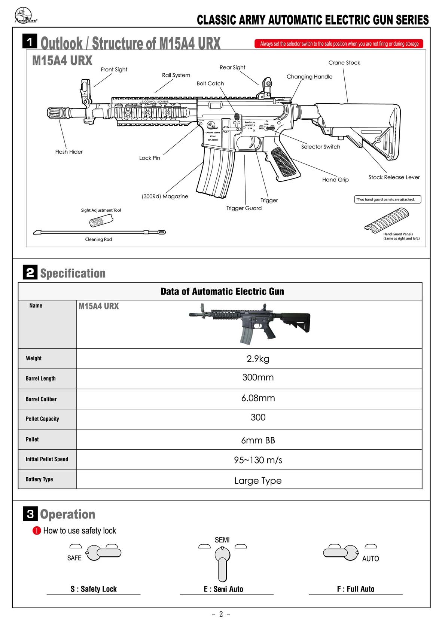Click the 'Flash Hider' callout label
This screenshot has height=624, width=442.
click(69, 152)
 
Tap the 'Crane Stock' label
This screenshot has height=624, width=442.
click(344, 63)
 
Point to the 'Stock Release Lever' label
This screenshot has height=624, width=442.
click(394, 177)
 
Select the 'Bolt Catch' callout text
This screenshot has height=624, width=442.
click(210, 83)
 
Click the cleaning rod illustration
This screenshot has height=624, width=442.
click(99, 232)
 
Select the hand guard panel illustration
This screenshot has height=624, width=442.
click(386, 220)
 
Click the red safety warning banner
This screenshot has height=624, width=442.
click(339, 44)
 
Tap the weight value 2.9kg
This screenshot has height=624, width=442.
click(258, 359)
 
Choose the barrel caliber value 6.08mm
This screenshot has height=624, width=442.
click(258, 398)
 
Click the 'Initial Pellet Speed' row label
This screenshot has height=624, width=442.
click(47, 459)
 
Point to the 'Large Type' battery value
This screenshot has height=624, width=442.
click(258, 481)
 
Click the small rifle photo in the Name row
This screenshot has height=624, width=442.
click(249, 322)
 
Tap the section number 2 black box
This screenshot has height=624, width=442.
click(30, 272)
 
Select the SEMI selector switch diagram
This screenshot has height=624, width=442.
click(222, 561)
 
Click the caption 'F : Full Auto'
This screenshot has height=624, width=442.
click(356, 589)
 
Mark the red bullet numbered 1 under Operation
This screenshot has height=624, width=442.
click(37, 531)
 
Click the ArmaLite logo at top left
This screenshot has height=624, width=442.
click(25, 16)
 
